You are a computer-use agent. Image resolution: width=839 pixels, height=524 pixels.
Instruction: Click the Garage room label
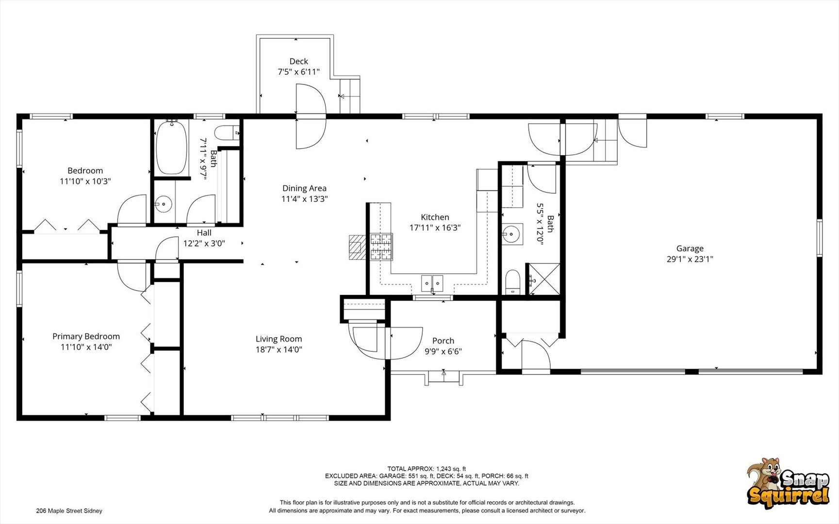[690, 248]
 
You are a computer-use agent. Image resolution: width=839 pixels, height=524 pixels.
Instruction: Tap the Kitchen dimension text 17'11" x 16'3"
[435, 228]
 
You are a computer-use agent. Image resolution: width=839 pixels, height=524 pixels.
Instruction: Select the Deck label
[298, 61]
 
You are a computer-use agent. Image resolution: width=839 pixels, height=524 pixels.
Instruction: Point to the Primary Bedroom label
[86, 336]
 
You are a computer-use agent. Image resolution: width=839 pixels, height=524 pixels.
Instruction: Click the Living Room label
[279, 339]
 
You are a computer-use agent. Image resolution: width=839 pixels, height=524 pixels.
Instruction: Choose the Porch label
[443, 341]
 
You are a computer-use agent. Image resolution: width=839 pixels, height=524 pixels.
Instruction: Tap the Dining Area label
[304, 188]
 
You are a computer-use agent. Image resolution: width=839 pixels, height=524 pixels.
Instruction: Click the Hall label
[204, 233]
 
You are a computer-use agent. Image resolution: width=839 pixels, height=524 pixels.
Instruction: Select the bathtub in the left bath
[171, 147]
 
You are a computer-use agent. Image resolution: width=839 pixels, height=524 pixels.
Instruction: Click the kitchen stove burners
[381, 246]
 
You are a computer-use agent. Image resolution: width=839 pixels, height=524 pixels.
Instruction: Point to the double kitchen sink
[432, 283]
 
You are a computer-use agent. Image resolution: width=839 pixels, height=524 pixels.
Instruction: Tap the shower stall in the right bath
[543, 279]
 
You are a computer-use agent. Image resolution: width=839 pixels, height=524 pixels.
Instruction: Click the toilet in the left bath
[227, 132]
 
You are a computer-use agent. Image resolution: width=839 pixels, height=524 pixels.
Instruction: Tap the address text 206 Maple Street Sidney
[69, 510]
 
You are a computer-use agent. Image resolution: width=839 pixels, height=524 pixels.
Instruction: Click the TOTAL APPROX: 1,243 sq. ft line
[427, 469]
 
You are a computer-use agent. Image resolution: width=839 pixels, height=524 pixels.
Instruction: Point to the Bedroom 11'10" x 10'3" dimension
[85, 181]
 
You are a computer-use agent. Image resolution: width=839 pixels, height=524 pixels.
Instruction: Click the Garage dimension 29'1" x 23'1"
[690, 259]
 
